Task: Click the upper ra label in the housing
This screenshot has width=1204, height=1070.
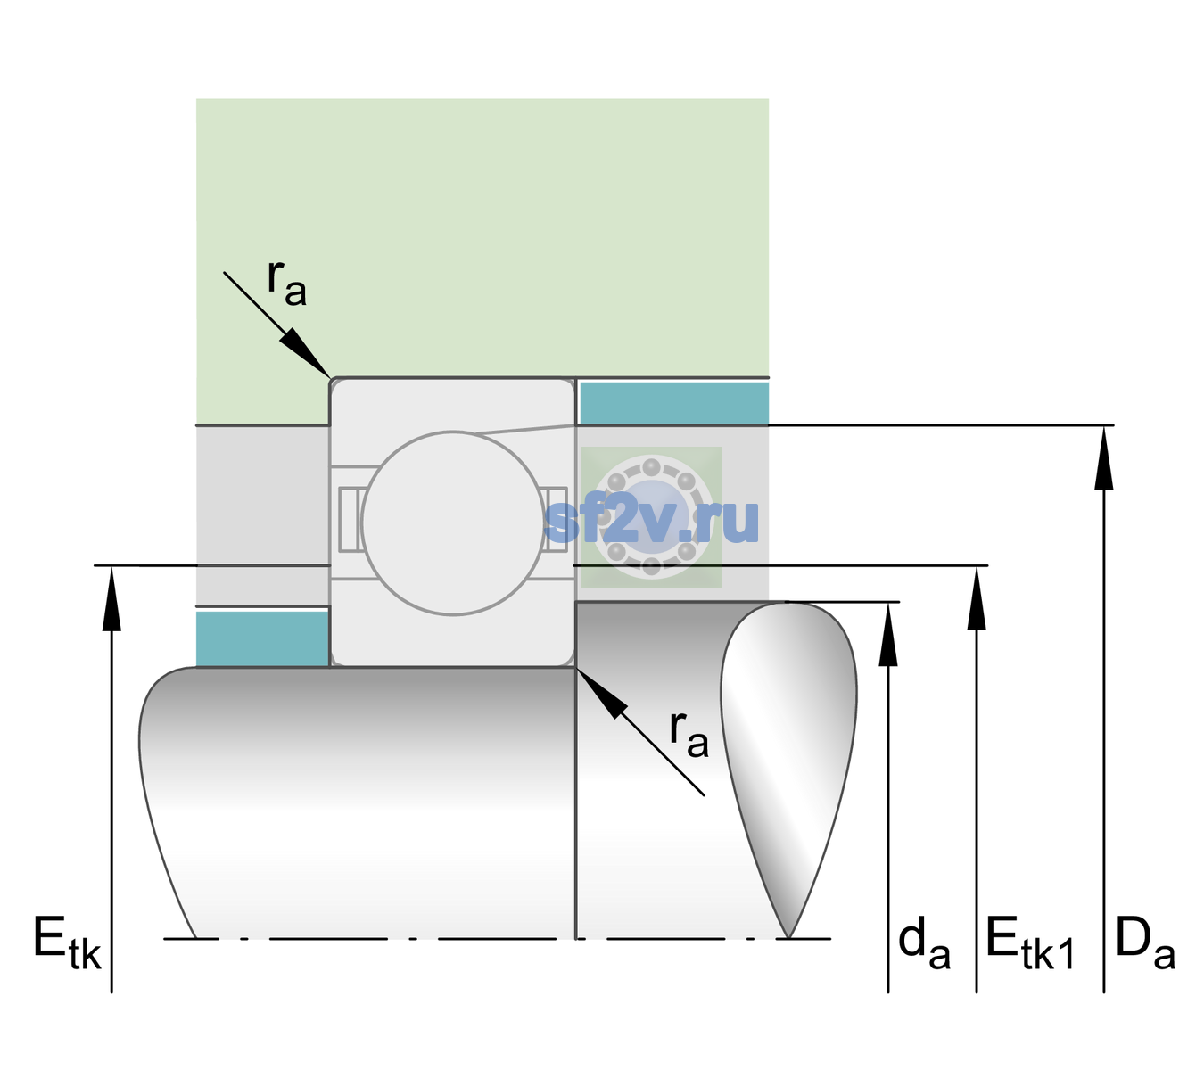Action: [287, 283]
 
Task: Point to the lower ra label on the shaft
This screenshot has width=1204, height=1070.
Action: [689, 735]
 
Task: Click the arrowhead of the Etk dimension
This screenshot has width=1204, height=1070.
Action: [111, 597]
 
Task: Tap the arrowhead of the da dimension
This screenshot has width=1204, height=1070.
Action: [888, 634]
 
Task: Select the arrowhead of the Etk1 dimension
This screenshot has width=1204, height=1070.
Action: [977, 597]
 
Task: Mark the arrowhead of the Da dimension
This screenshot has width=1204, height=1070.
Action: [1104, 457]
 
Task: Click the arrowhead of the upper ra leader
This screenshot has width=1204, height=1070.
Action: [306, 353]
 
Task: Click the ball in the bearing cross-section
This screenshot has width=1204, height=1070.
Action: [453, 523]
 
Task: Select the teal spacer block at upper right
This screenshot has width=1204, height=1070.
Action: [674, 402]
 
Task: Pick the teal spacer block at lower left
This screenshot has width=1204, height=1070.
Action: [262, 639]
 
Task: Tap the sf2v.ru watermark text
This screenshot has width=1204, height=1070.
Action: [651, 521]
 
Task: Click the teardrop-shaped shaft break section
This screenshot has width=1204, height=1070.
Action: [788, 770]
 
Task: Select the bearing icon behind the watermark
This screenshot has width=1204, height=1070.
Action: [652, 517]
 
